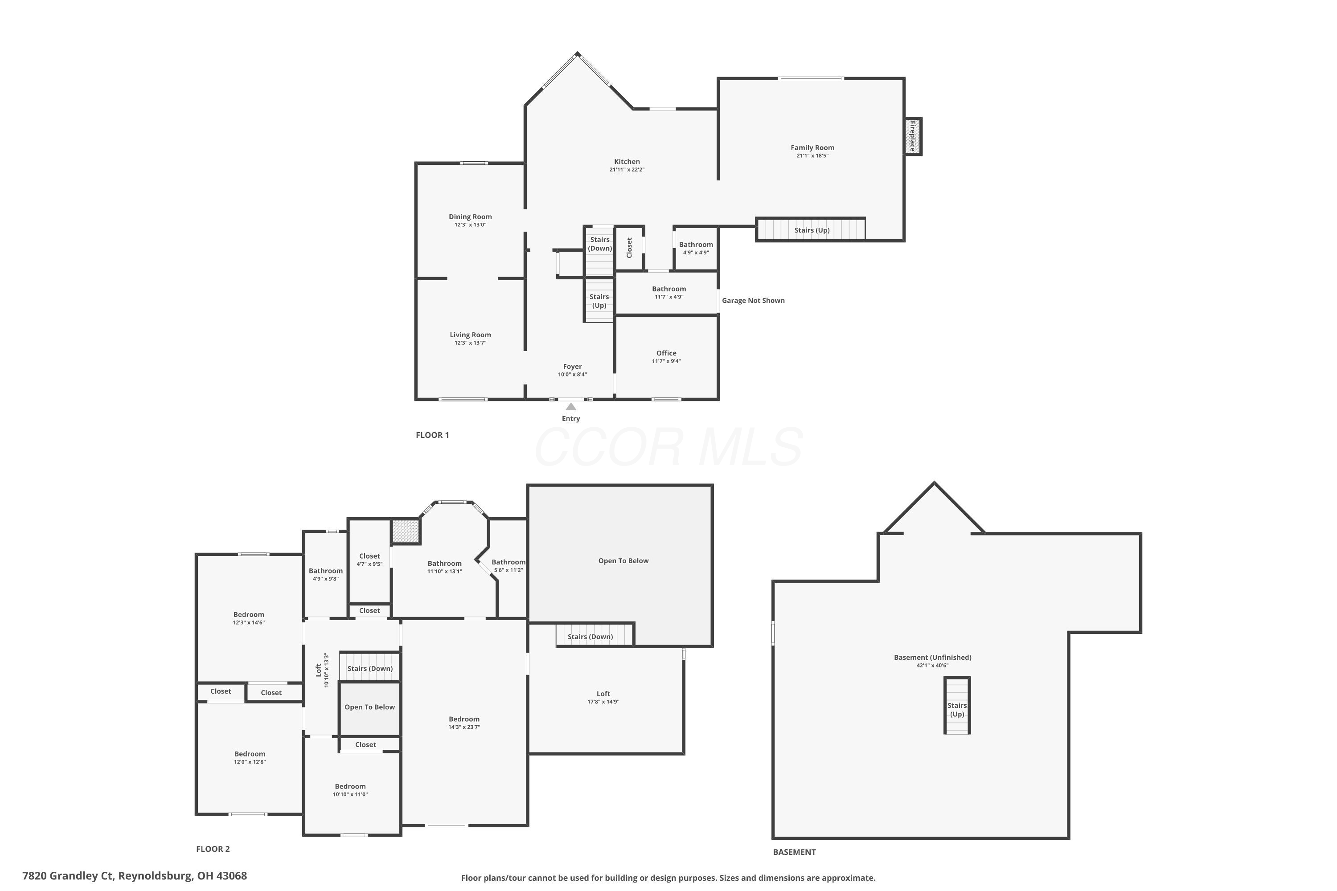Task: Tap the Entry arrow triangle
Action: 571,407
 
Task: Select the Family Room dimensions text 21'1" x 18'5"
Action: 812,155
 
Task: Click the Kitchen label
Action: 627,161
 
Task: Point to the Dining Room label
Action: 470,217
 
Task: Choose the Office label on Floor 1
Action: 666,353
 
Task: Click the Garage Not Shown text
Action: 753,301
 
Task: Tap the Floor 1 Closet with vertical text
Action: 629,248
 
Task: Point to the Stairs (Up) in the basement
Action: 957,710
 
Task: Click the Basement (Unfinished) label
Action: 932,658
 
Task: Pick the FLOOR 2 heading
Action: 213,849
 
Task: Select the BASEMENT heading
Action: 794,852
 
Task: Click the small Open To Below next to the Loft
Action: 369,707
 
